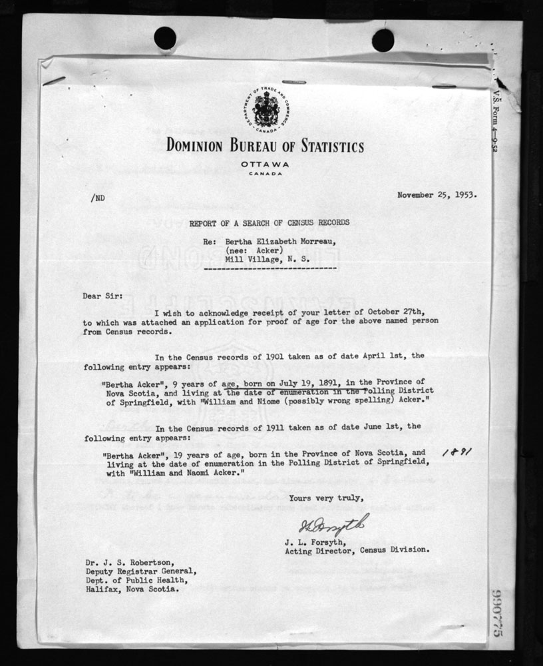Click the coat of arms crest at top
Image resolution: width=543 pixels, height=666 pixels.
[266, 110]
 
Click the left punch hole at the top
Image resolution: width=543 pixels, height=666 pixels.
[165, 37]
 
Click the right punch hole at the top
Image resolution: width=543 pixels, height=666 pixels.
[383, 39]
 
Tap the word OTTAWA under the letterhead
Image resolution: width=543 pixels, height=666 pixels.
[266, 164]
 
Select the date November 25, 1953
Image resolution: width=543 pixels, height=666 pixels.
[437, 195]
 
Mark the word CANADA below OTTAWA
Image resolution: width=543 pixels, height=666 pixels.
[266, 174]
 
